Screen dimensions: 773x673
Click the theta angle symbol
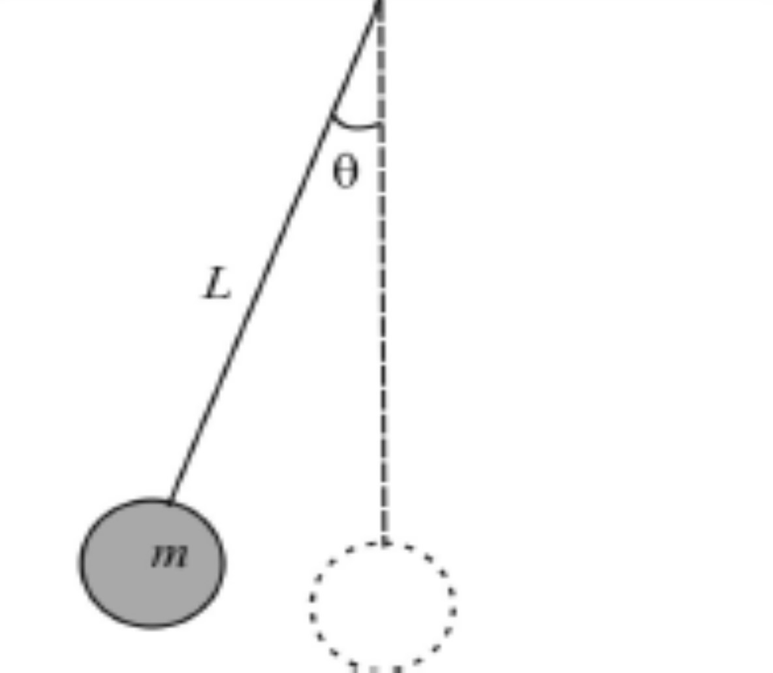pyautogui.click(x=345, y=171)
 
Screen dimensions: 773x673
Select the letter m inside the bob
pyautogui.click(x=170, y=557)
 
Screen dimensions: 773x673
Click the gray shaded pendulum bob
pyautogui.click(x=152, y=563)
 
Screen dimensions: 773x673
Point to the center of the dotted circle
pyautogui.click(x=383, y=608)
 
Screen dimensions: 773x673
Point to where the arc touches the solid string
pyautogui.click(x=331, y=114)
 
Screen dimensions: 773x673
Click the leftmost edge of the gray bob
pyautogui.click(x=80, y=563)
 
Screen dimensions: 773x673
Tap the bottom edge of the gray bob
pyautogui.click(x=152, y=627)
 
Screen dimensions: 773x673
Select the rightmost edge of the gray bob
pyautogui.click(x=225, y=563)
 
